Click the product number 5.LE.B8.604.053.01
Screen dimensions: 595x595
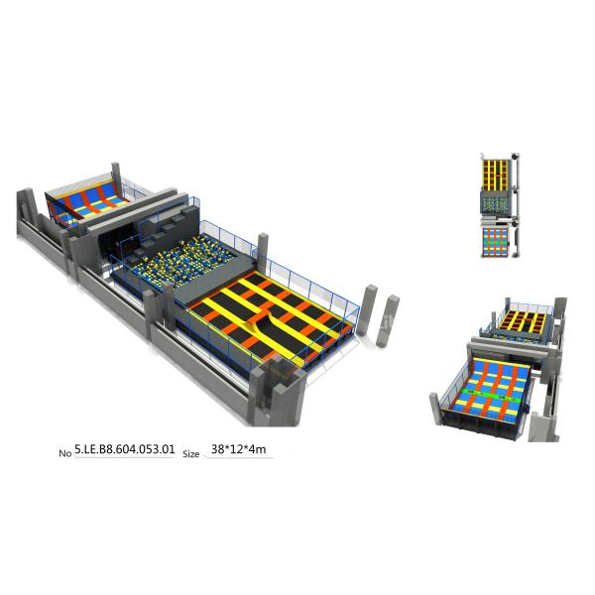[125, 449]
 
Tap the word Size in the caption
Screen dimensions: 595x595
[190, 452]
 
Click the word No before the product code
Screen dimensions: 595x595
[65, 452]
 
